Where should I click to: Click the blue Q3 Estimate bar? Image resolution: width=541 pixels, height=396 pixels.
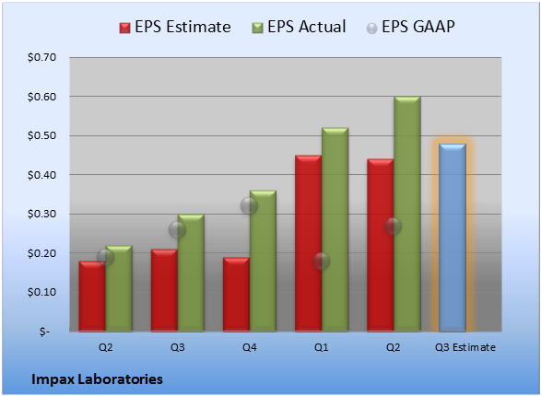pos(453,238)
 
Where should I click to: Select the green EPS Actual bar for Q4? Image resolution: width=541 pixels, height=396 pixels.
pos(263,261)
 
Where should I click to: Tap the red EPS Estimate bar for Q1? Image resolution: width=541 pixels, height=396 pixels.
pos(308,243)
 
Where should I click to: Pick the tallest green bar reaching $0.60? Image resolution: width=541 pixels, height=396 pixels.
pos(407,214)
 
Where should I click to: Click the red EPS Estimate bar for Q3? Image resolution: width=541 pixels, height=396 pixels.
pos(164,290)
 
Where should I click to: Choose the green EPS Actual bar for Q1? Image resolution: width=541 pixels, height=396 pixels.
pos(335,229)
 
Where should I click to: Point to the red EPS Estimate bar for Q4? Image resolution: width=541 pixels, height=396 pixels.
pos(236,295)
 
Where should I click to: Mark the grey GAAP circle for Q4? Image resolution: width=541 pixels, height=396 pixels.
pos(249,206)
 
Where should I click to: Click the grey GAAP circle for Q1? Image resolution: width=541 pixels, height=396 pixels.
pos(322,261)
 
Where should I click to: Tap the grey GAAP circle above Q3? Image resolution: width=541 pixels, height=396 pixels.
pos(177,229)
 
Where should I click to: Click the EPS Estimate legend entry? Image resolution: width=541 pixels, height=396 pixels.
pos(175,27)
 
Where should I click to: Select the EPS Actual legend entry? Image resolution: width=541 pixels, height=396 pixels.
pos(299,27)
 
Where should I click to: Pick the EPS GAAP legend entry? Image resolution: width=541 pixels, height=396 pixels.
pos(410,27)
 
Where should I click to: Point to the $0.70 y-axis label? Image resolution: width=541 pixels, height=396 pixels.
pos(41,57)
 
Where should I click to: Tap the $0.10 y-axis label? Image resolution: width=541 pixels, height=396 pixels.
pos(41,292)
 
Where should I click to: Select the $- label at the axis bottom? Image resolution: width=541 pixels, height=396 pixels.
pos(44,332)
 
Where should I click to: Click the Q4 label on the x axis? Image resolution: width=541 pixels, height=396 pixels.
pos(250,347)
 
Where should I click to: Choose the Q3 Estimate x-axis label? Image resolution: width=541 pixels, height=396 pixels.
pos(465,347)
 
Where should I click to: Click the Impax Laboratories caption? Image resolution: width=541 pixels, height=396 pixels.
pos(97,379)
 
